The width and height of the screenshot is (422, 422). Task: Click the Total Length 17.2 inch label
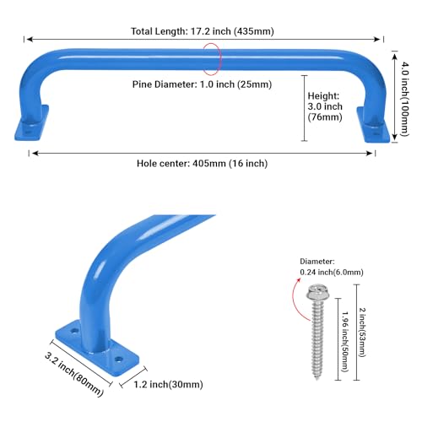(x=203, y=31)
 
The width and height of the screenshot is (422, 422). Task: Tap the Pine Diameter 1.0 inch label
(x=202, y=84)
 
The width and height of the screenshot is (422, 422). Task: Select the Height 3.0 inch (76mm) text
(x=325, y=106)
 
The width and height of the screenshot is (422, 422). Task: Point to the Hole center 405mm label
(x=202, y=164)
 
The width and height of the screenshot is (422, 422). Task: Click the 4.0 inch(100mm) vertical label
(x=404, y=99)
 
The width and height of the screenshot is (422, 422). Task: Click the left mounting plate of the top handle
(x=31, y=123)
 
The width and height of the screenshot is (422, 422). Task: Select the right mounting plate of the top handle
(x=373, y=125)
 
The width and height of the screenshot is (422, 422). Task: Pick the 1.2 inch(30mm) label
(x=168, y=384)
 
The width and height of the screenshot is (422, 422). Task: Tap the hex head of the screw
(x=317, y=293)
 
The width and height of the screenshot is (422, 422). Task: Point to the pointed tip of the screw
(x=317, y=379)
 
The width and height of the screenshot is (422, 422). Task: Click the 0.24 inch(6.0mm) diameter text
(x=332, y=273)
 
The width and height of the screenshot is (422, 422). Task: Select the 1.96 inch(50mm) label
(x=345, y=341)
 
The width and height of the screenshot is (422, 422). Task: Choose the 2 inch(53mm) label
(x=362, y=333)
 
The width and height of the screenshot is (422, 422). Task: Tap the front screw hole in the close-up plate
(x=119, y=360)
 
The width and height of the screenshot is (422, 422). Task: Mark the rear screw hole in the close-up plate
(x=74, y=331)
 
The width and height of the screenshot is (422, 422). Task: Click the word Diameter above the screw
(x=317, y=262)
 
